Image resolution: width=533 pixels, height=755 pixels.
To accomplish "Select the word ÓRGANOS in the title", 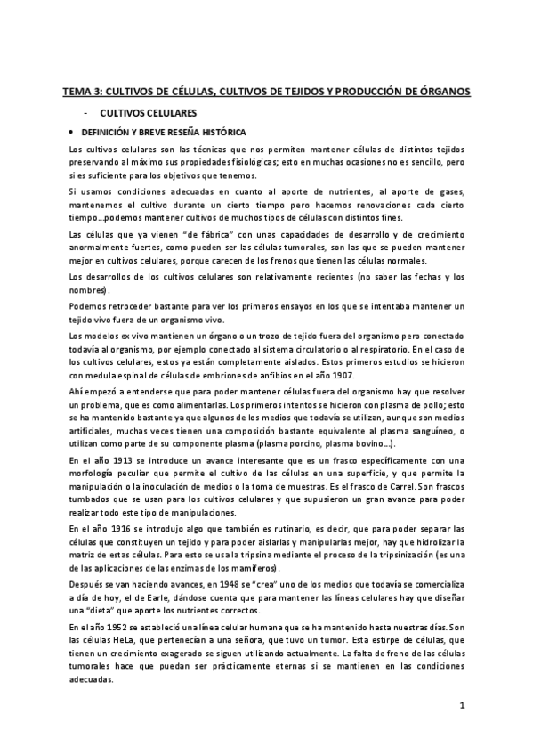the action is pyautogui.click(x=446, y=91).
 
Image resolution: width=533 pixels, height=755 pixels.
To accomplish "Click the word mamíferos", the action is pyautogui.click(x=255, y=570).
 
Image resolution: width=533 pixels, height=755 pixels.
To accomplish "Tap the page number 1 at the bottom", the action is pyautogui.click(x=463, y=706).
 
